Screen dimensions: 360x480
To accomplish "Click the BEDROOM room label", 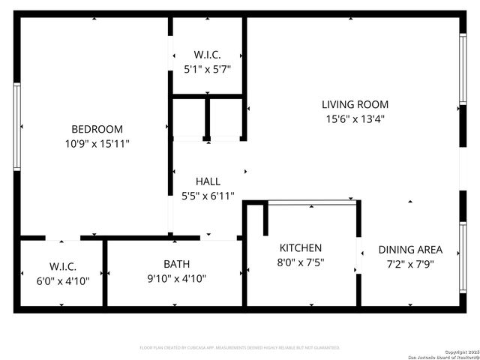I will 97,129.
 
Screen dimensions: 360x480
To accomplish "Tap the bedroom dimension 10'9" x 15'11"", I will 97,143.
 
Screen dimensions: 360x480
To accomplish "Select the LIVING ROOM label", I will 355,105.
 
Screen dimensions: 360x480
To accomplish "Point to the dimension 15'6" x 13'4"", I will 355,118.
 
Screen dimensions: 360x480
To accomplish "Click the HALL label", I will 208,181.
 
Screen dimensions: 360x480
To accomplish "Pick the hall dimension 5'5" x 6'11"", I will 208,196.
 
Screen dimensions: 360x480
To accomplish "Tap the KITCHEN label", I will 301,248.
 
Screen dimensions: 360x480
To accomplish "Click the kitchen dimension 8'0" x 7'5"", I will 301,262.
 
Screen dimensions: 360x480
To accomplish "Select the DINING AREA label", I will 410,250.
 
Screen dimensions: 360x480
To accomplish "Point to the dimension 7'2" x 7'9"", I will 410,263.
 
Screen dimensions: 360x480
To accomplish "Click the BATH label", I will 176,264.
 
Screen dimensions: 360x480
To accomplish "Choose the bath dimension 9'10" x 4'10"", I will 176,278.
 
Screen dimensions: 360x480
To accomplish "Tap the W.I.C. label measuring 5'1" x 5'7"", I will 207,55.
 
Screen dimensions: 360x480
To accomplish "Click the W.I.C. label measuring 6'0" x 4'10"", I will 63,267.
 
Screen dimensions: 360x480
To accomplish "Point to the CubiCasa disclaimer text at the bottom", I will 240,348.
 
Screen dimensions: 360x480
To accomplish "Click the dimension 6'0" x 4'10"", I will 63,280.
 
